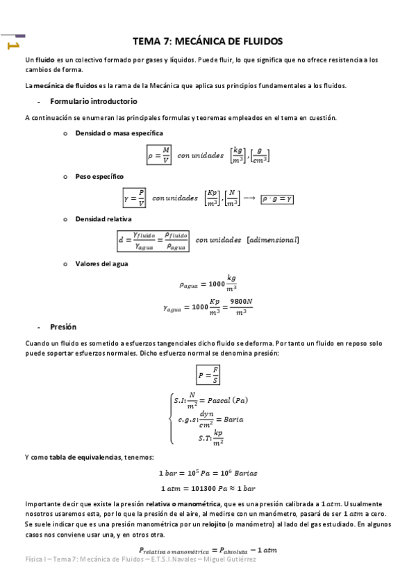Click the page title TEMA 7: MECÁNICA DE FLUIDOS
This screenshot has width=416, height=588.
click(x=208, y=42)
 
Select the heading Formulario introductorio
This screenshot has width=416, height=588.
click(x=88, y=102)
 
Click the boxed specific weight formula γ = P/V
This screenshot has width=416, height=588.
click(x=135, y=198)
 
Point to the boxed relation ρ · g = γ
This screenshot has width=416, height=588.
click(x=277, y=198)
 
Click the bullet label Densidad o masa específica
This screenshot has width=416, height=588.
click(x=119, y=132)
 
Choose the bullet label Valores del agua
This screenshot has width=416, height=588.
click(x=101, y=263)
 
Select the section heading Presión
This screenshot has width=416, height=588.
click(x=63, y=327)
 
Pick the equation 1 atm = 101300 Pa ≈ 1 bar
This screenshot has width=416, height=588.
click(x=208, y=487)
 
